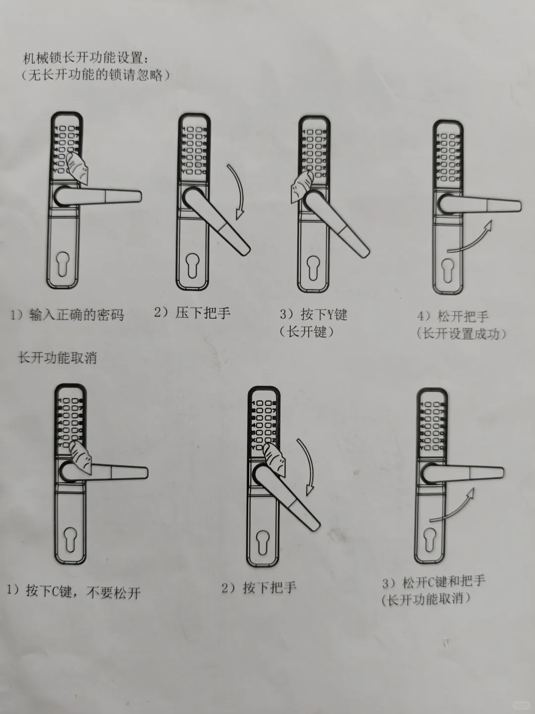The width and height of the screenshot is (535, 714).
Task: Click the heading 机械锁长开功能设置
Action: coord(86,58)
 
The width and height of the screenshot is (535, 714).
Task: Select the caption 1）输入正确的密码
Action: coord(67,314)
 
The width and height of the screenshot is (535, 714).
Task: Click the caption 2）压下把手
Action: coord(192,312)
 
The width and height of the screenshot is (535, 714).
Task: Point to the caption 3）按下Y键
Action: coord(314,314)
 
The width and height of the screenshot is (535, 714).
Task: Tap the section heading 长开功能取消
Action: coord(57,357)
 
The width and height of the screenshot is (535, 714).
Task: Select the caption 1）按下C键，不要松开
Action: coord(74,592)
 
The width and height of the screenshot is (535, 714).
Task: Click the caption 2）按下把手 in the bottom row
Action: coord(259,588)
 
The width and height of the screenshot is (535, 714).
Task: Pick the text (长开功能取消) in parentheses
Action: coord(426,599)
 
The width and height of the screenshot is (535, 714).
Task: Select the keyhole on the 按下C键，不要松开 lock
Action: coord(69,539)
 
